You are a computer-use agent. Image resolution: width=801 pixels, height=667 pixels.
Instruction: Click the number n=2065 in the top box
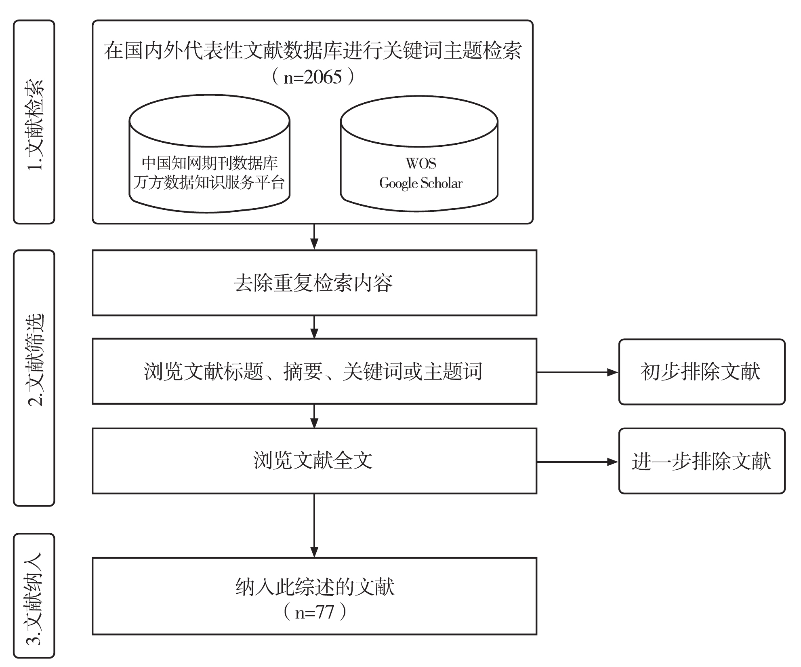tap(313, 77)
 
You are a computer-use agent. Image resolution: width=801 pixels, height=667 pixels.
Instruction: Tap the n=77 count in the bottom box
tap(315, 612)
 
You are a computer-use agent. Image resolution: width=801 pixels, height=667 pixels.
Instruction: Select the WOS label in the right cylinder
tap(420, 163)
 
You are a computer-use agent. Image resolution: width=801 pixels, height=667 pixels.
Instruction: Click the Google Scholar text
tap(420, 183)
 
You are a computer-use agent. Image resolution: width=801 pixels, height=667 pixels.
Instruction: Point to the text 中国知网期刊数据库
tap(210, 163)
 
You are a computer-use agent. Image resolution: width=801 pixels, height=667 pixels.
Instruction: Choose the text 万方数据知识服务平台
tap(209, 183)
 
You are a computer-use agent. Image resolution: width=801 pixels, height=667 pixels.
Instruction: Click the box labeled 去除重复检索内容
tap(314, 283)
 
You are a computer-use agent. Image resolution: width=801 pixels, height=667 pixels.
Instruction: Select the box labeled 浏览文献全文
tap(314, 460)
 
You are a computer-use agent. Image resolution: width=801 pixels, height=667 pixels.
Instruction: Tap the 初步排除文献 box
tap(701, 371)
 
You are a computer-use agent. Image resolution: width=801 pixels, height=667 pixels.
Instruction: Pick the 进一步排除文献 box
tap(701, 461)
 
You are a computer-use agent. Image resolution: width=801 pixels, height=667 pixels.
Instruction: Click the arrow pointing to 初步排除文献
tap(577, 372)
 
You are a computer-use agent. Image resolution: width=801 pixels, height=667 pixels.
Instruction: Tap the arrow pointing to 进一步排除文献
tap(577, 461)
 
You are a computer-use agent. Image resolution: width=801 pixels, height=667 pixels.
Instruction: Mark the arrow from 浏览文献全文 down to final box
tap(314, 525)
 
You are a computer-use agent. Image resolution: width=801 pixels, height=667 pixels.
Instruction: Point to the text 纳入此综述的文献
tap(315, 587)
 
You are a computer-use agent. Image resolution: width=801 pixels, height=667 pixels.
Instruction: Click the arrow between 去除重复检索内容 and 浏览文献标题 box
tap(314, 327)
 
